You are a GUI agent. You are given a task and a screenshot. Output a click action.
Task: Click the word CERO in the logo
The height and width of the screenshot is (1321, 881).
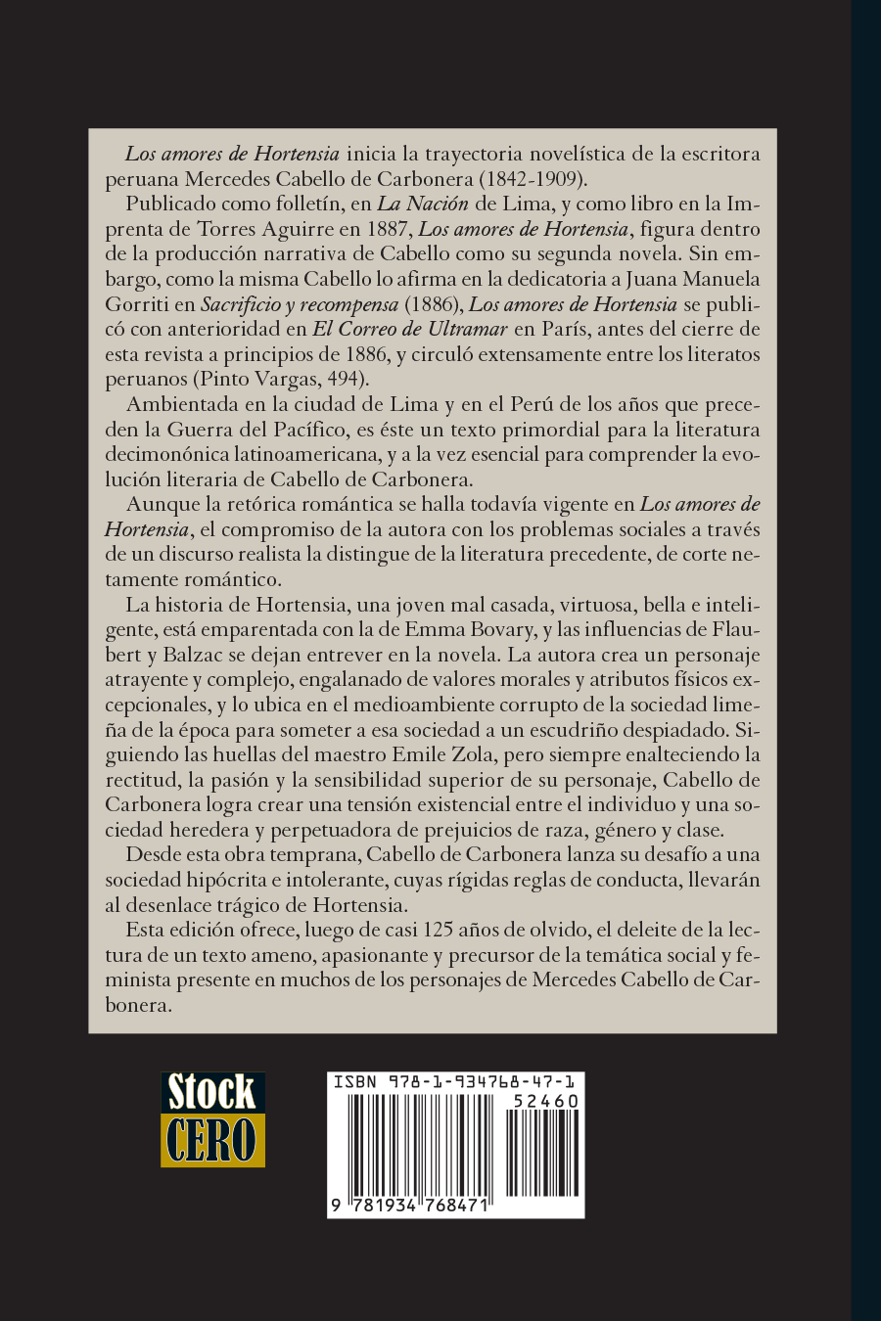pos(212,1139)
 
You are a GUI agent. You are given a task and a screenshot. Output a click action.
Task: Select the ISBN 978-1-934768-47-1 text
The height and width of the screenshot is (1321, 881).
pos(455,1081)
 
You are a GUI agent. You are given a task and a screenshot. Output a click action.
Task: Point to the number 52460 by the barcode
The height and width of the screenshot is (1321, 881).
pos(546,1101)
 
